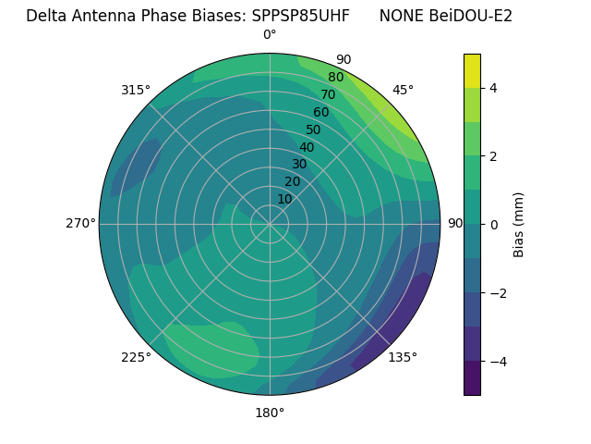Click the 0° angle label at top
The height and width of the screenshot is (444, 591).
click(x=270, y=35)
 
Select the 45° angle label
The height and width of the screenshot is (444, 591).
click(x=403, y=90)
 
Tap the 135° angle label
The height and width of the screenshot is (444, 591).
click(x=403, y=357)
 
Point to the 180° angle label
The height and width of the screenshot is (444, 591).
click(x=270, y=413)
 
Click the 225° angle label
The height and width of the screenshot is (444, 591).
click(x=136, y=358)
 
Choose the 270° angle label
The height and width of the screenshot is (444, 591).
click(x=80, y=223)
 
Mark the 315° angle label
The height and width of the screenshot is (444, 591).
click(x=136, y=90)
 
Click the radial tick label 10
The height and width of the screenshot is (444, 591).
click(x=284, y=200)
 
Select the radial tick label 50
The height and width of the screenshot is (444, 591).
click(x=313, y=129)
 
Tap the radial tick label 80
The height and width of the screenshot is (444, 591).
click(x=335, y=77)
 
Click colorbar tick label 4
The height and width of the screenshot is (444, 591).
click(x=494, y=88)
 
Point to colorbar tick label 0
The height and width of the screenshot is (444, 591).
click(x=494, y=224)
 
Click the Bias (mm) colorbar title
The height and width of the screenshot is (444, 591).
click(x=519, y=224)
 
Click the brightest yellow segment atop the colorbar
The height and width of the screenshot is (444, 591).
click(x=472, y=70)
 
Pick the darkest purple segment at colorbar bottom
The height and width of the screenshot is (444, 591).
click(x=472, y=377)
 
